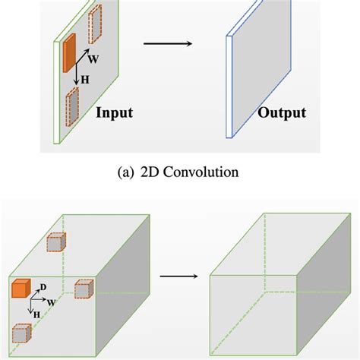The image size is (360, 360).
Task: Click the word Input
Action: (115, 114)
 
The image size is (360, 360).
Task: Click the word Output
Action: (281, 114)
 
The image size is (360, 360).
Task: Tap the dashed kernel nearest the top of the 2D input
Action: (94, 24)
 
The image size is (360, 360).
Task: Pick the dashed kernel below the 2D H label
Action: (73, 106)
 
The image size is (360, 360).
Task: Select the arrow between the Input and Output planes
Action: (167, 43)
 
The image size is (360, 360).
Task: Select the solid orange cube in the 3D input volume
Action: (20, 288)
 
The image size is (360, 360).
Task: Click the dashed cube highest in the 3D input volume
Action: (55, 242)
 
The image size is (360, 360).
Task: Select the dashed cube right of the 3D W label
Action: (83, 289)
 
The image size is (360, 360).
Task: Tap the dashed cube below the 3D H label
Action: (21, 334)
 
